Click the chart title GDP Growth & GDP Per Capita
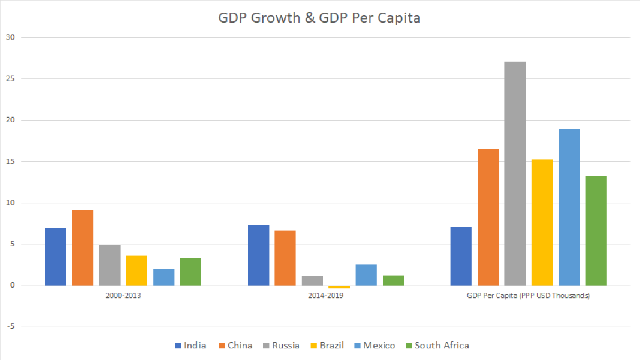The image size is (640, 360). [319, 18]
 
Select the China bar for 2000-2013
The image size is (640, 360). [82, 248]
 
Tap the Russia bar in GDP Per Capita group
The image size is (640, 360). [515, 173]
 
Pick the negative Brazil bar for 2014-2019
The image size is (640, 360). [339, 287]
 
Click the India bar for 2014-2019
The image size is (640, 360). [258, 255]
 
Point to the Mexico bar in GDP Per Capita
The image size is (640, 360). [569, 207]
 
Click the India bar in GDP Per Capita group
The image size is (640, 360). [461, 256]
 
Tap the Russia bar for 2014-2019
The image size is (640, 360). [312, 281]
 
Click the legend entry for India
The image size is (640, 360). [190, 346]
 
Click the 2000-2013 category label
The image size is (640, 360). [123, 296]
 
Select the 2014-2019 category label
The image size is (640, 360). [326, 296]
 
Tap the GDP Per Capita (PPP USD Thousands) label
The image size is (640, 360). [528, 296]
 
